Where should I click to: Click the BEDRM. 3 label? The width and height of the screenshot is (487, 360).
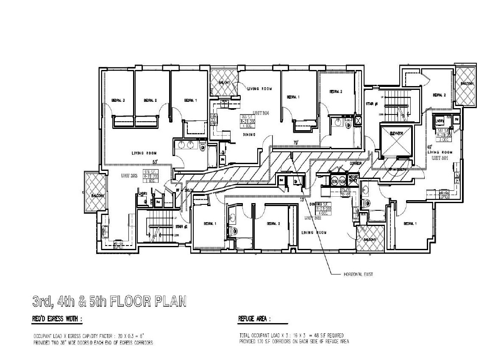(x=117, y=100)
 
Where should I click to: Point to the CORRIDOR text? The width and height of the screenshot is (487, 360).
(x=358, y=163)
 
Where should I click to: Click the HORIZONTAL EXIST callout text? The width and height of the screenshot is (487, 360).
(x=357, y=274)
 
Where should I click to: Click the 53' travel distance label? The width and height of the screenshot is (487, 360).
(x=155, y=162)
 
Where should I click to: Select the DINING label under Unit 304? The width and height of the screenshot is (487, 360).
(x=248, y=134)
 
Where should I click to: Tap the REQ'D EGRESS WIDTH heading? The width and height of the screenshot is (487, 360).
(x=58, y=318)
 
